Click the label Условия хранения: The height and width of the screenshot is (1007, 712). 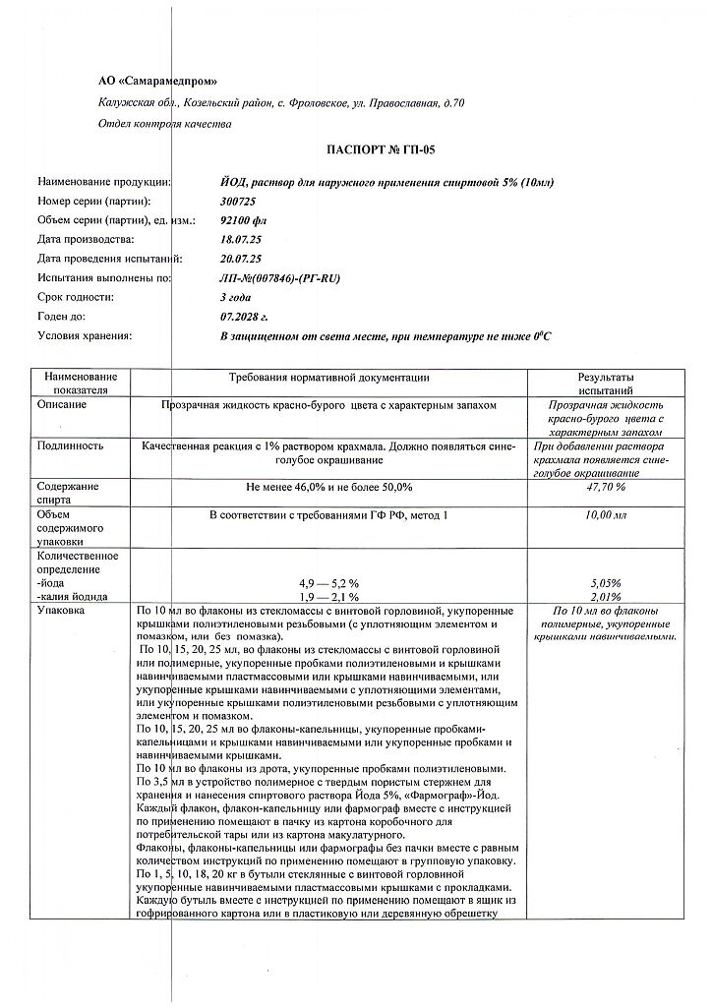84,335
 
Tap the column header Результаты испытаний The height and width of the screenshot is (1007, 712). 605,384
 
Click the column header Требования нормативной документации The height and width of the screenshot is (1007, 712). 328,378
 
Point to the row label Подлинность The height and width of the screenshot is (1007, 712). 70,444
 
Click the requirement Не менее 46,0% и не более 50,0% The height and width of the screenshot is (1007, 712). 328,487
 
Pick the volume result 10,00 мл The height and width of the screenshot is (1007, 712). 605,514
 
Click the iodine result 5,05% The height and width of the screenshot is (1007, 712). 605,582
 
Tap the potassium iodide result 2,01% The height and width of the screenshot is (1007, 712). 605,596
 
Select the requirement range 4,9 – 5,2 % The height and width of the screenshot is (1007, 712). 328,582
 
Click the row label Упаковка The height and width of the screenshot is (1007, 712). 61,611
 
